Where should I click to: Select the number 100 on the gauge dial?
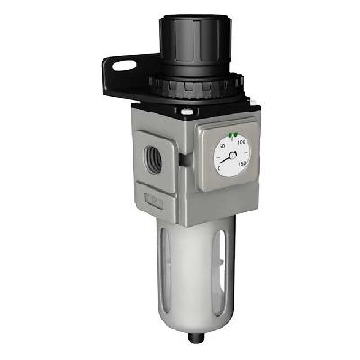pyautogui.click(x=243, y=141)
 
